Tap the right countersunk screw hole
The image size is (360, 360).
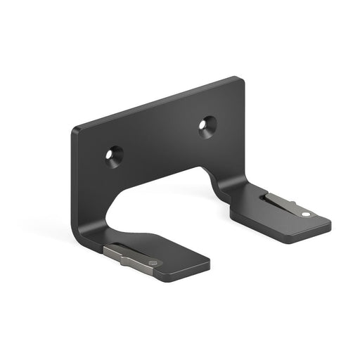[207, 125]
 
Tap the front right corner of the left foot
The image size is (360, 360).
[210, 265]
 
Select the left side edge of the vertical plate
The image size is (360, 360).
[73, 183]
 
